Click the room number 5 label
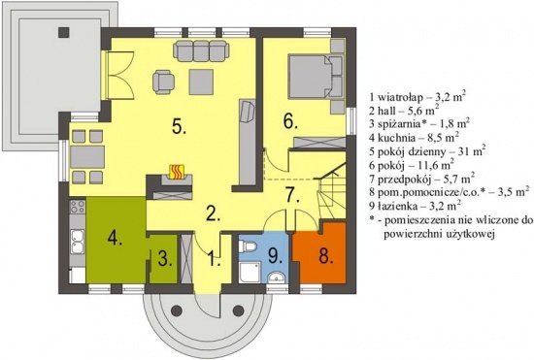coord(179,126)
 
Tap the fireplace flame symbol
coord(177,172)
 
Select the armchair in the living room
coord(163,82)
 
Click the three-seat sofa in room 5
coord(201,50)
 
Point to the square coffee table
coord(201,82)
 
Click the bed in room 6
coord(316,77)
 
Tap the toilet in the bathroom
coord(247,246)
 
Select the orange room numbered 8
coord(319,252)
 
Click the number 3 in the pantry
coord(164,259)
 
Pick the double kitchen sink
coord(78,242)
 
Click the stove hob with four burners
coord(78,207)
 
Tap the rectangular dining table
coord(87,157)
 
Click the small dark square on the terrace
coord(64,32)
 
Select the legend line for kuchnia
coord(414,138)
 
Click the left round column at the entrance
coord(177,311)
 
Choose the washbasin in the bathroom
coord(275,278)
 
